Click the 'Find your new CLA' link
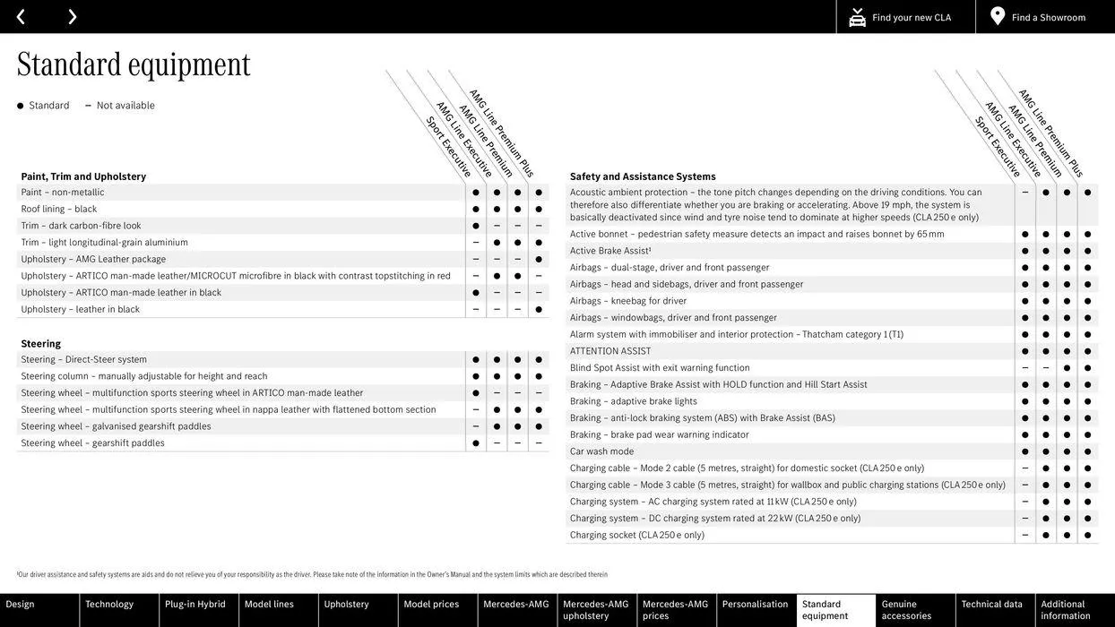click(911, 17)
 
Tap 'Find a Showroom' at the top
click(1048, 17)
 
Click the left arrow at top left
click(21, 17)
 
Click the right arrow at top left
click(72, 17)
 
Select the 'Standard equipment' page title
click(134, 64)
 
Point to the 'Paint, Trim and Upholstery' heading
click(83, 176)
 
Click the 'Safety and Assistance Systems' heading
click(643, 176)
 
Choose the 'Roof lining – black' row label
click(59, 209)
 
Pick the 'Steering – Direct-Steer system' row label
click(84, 359)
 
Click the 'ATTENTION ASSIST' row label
click(610, 351)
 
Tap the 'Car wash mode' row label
click(601, 451)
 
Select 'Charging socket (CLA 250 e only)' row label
click(636, 535)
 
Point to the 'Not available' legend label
click(125, 106)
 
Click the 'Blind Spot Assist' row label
click(660, 367)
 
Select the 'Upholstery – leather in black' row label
click(81, 309)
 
